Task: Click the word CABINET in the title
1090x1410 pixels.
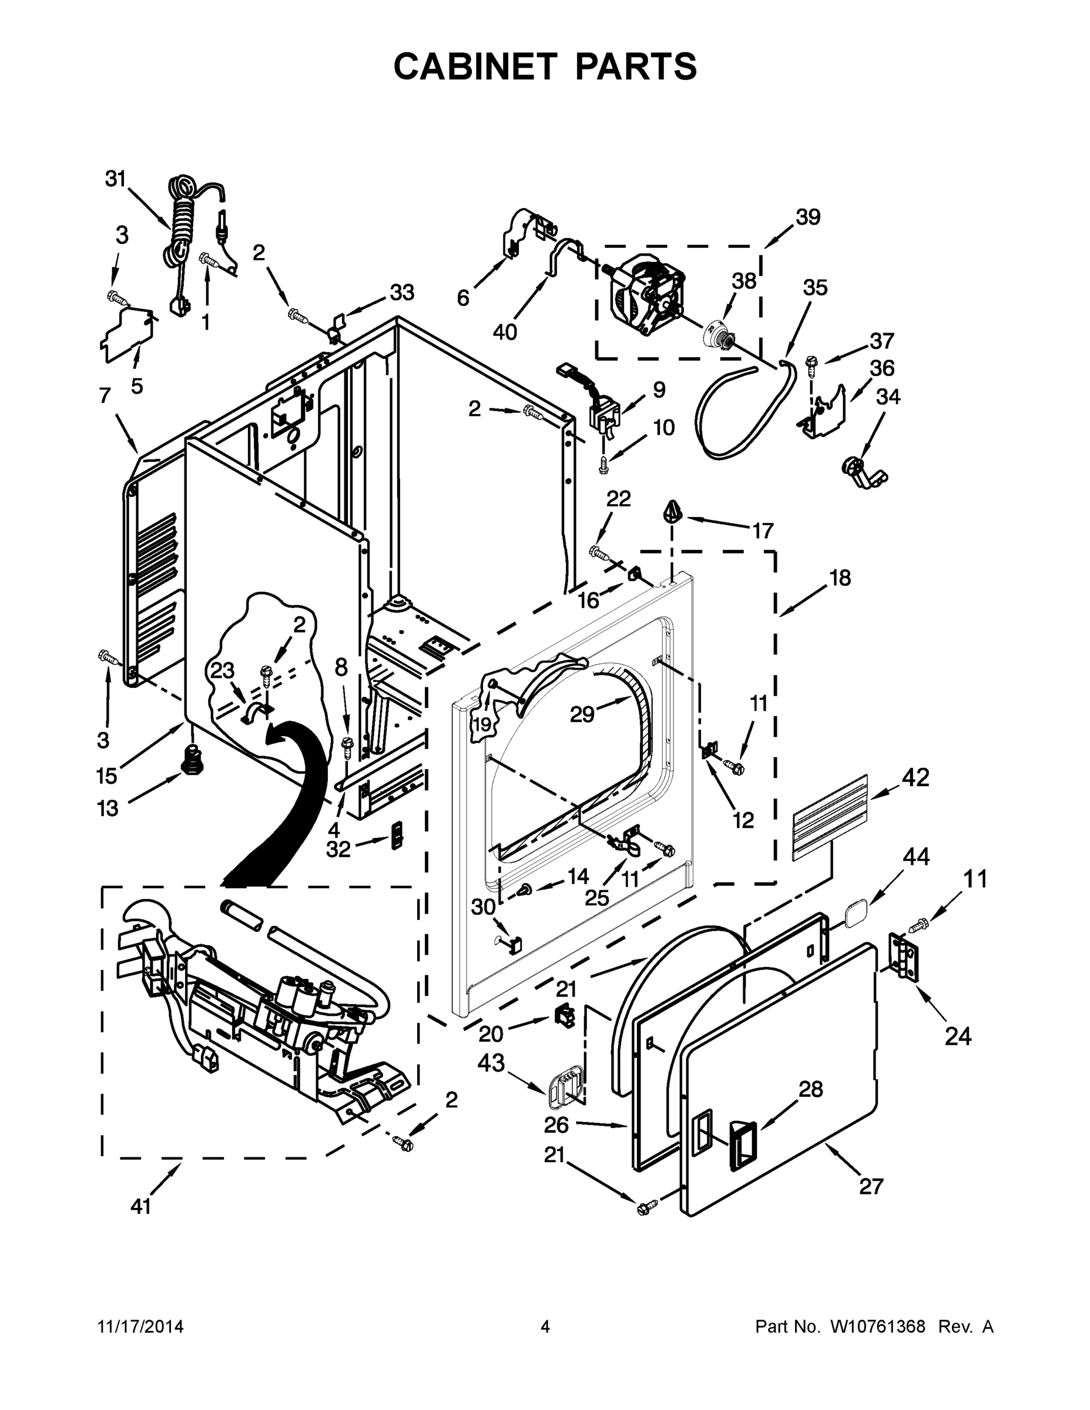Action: point(475,66)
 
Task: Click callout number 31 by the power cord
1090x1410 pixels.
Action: point(116,179)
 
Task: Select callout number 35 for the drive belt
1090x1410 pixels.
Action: point(815,287)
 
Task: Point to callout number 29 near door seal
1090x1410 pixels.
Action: point(582,714)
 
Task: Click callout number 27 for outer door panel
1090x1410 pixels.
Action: point(871,1186)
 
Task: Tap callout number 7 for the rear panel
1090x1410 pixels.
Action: point(105,395)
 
